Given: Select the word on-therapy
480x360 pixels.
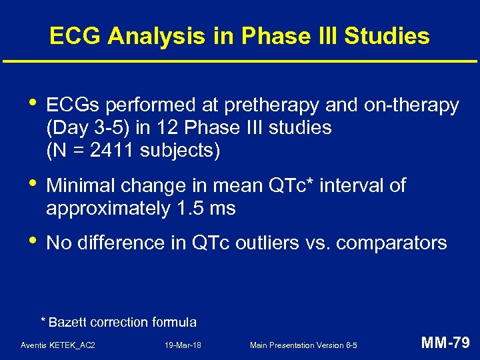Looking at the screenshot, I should (411, 105).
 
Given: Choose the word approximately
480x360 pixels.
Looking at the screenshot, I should (109, 208).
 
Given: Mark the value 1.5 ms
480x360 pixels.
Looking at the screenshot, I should (206, 208).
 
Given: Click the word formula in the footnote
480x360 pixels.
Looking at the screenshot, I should (173, 323).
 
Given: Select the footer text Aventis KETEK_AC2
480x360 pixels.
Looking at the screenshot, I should (58, 345).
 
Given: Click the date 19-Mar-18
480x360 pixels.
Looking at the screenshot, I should (183, 345).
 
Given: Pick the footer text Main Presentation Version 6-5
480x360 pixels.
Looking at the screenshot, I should (303, 345).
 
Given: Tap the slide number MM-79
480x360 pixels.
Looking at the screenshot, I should (445, 344).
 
